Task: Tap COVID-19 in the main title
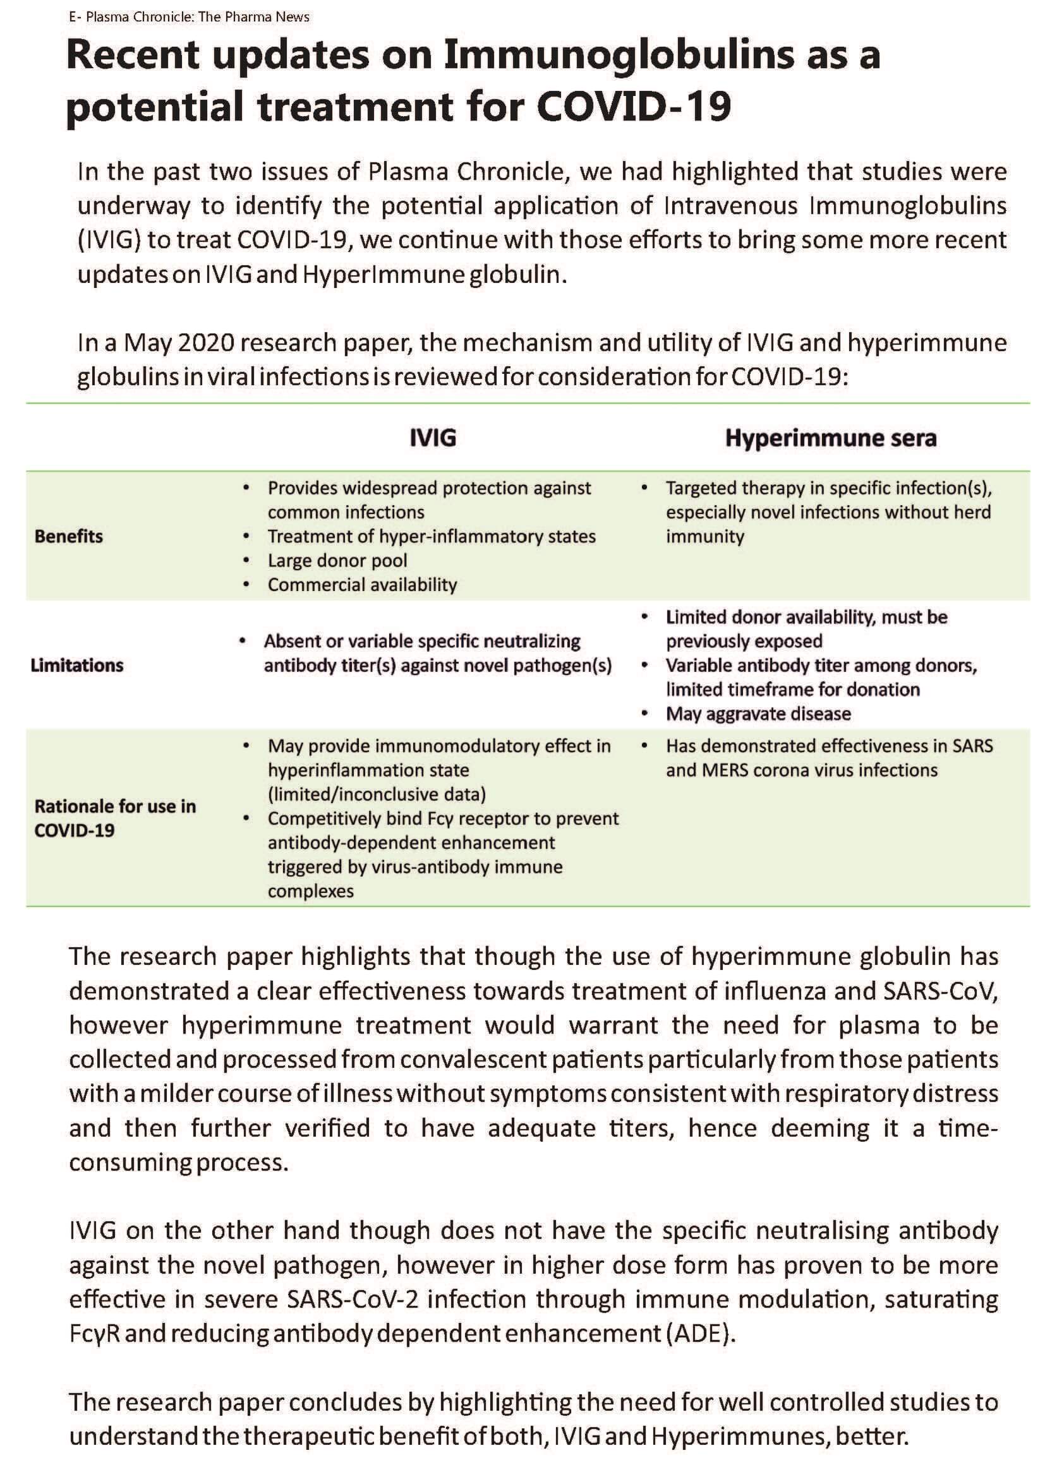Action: coord(633,107)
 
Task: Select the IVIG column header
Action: coord(433,438)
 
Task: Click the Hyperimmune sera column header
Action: coord(831,438)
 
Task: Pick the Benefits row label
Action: coord(69,537)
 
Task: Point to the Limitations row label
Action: coord(77,665)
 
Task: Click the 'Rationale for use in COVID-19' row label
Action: coord(114,818)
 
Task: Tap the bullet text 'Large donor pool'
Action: coord(337,561)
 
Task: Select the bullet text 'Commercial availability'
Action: coord(362,585)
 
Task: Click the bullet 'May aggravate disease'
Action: coord(758,714)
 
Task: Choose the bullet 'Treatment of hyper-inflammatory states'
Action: coord(431,537)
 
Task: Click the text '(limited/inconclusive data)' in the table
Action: coord(377,794)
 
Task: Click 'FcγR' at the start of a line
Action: coord(94,1334)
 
